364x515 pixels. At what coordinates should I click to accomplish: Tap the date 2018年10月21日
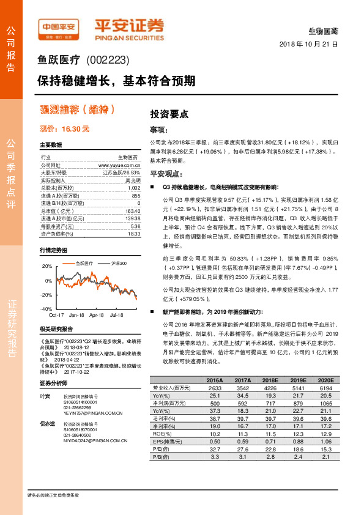click(309, 45)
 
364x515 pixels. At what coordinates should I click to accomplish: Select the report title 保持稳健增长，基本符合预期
click(117, 80)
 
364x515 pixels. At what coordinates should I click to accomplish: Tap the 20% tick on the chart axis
click(47, 267)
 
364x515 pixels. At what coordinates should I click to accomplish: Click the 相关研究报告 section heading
click(56, 329)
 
